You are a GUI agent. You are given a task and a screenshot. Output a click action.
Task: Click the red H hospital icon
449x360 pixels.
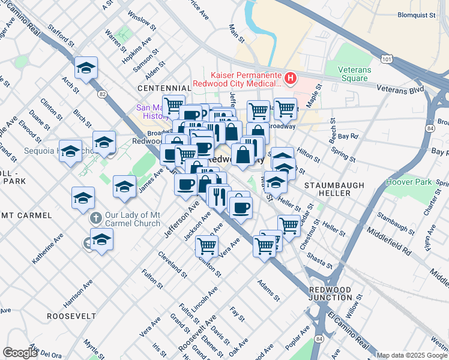[x=291, y=77]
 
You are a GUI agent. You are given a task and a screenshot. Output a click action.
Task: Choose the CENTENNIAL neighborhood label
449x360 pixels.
[x=164, y=88]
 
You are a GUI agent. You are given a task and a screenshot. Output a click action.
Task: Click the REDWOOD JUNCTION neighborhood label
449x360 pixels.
[x=330, y=293]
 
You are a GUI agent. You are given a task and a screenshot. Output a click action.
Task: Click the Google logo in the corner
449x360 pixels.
[x=20, y=353]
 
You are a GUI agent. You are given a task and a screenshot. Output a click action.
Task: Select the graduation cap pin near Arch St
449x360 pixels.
[x=86, y=67]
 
